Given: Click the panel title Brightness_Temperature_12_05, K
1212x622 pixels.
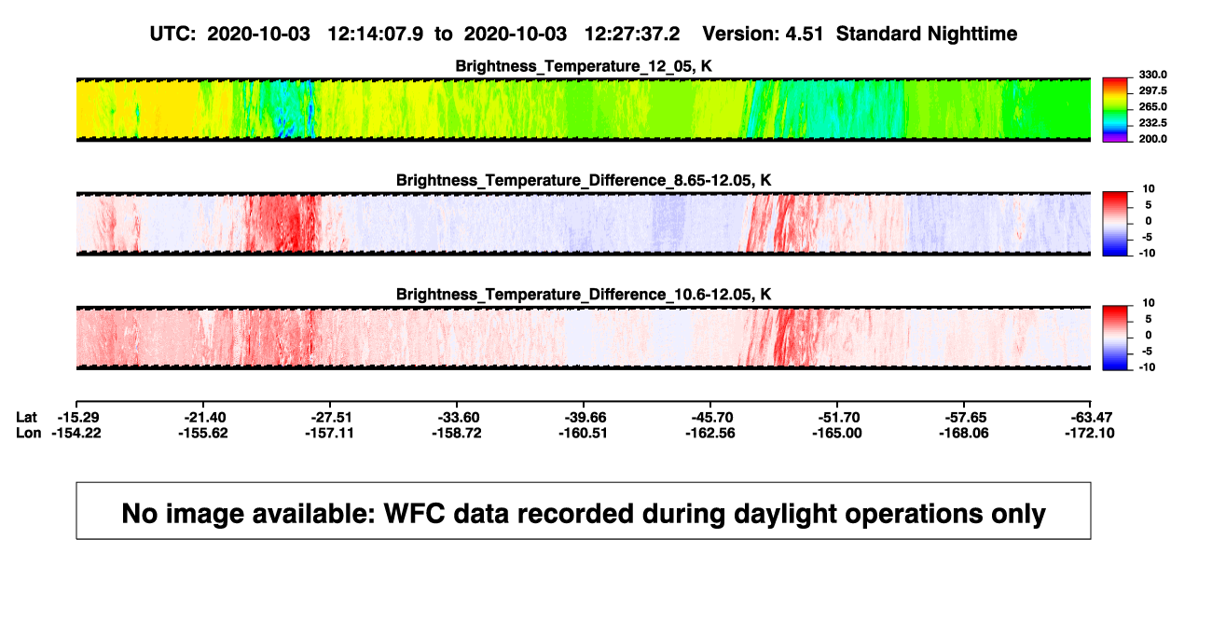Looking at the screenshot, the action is click(584, 66).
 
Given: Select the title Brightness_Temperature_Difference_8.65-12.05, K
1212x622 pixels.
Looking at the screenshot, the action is click(584, 180).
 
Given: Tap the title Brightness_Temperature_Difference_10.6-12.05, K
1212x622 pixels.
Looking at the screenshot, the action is click(584, 295).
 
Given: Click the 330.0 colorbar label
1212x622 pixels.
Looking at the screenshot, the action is click(1152, 75).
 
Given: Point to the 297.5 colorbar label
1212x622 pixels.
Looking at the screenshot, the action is click(1152, 90).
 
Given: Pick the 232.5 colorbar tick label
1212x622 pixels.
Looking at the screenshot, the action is click(1152, 123).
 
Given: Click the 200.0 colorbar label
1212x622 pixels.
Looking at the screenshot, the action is click(1152, 139).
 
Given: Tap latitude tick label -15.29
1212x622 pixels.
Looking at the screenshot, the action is click(78, 418).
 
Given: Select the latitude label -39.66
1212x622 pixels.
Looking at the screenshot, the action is click(585, 418).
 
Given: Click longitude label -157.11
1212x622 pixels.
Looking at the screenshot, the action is click(329, 433).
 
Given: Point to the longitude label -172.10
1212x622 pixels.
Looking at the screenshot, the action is click(1090, 433).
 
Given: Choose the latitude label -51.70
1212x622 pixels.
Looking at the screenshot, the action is click(839, 418).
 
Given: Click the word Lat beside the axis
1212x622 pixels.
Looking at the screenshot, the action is click(26, 418).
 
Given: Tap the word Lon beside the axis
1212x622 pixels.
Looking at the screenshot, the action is click(29, 433).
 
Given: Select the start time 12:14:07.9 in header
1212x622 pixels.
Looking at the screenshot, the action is click(376, 35).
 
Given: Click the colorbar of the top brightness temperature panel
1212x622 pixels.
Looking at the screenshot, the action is click(1115, 110).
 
